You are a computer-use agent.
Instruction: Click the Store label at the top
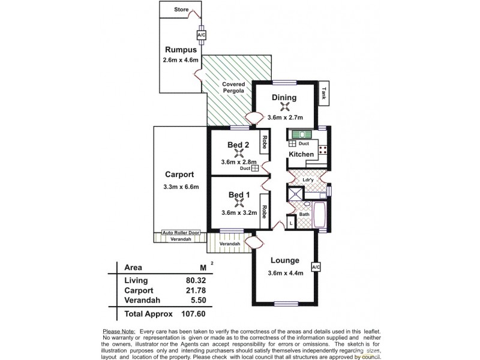pyautogui.click(x=181, y=10)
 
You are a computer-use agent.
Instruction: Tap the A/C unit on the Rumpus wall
pyautogui.click(x=201, y=35)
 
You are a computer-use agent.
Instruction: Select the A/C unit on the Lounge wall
pyautogui.click(x=316, y=266)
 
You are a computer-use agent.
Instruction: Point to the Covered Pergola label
pyautogui.click(x=233, y=88)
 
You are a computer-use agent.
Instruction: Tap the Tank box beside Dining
pyautogui.click(x=324, y=93)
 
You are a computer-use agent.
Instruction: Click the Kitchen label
pyautogui.click(x=301, y=155)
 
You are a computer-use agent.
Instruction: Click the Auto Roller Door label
pyautogui.click(x=181, y=233)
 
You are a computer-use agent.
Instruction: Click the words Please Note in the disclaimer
pyautogui.click(x=119, y=331)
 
